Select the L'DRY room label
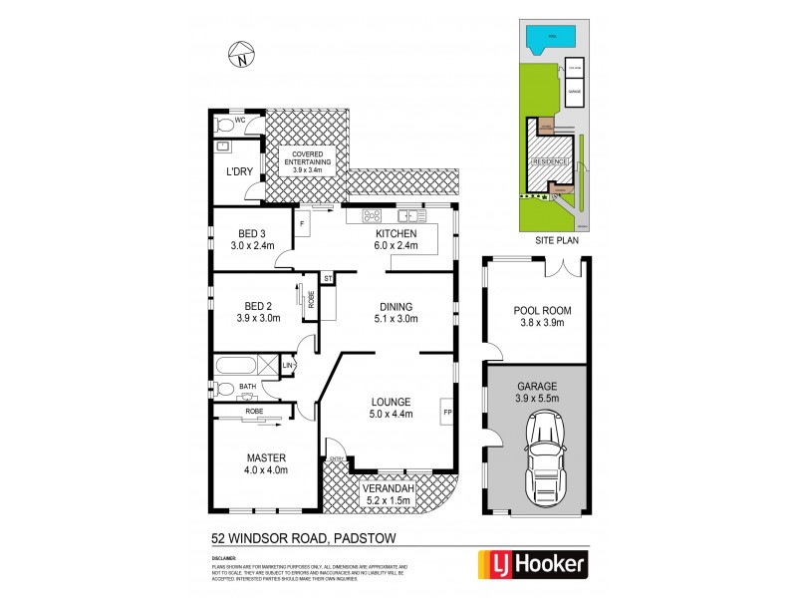pyautogui.click(x=239, y=171)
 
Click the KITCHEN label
pyautogui.click(x=397, y=232)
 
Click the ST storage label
pyautogui.click(x=328, y=278)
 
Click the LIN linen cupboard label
pyautogui.click(x=288, y=366)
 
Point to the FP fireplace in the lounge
pyautogui.click(x=447, y=409)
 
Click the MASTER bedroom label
pyautogui.click(x=266, y=459)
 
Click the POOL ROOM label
pyautogui.click(x=535, y=311)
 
